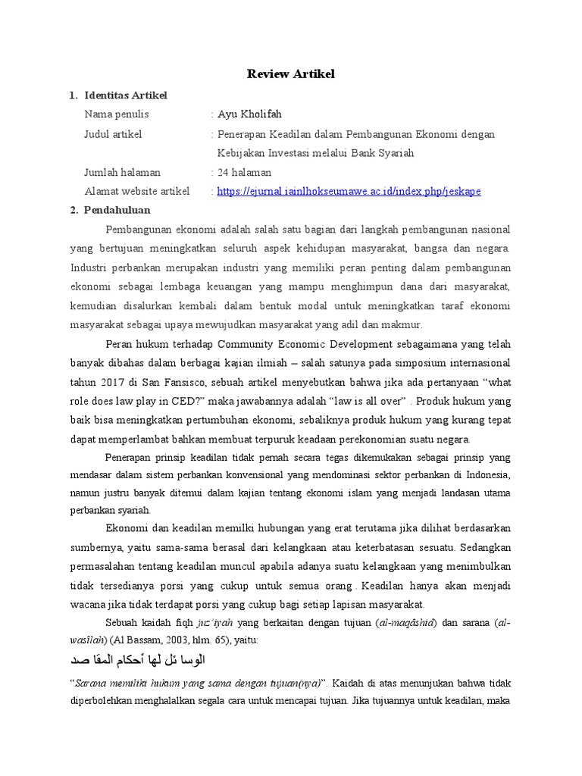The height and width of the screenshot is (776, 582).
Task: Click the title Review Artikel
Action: click(291, 74)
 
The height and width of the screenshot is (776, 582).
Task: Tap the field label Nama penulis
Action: click(117, 114)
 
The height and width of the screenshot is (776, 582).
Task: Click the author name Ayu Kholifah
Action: click(249, 114)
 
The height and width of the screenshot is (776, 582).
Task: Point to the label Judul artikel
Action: click(113, 134)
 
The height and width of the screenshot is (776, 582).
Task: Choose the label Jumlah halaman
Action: click(122, 172)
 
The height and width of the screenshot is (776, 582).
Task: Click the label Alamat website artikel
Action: click(137, 191)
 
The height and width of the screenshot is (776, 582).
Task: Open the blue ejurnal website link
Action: click(349, 192)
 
